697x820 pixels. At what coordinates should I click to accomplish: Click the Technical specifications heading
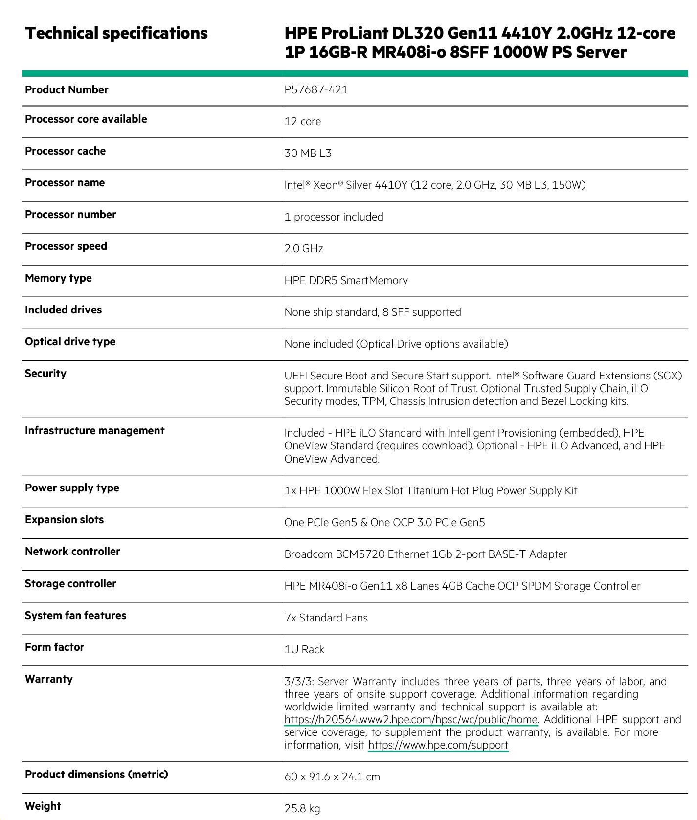(x=116, y=33)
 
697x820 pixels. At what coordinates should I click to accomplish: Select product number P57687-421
(x=316, y=89)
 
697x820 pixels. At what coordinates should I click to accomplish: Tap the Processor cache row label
(x=65, y=151)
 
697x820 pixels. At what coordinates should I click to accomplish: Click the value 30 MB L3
(x=308, y=153)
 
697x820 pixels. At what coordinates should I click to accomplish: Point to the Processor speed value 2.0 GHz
(x=304, y=248)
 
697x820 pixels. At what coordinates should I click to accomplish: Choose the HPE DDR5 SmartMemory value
(x=346, y=280)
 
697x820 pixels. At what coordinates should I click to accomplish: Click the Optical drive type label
(x=70, y=341)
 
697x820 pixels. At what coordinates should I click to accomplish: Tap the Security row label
(x=45, y=373)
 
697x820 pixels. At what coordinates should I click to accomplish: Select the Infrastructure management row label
(x=94, y=430)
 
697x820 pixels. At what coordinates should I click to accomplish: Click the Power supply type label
(x=72, y=488)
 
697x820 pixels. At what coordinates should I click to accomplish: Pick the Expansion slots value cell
(x=384, y=522)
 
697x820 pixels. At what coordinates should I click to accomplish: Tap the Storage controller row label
(x=70, y=583)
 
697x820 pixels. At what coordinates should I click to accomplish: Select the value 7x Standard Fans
(x=326, y=618)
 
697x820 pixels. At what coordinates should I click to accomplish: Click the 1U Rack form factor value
(x=304, y=649)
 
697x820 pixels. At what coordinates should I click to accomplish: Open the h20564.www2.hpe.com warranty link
(x=411, y=719)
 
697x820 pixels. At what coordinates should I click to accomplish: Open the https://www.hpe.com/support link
(x=438, y=745)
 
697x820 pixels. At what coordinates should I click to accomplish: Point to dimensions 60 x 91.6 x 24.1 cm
(x=332, y=776)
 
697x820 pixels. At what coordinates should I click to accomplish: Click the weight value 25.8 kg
(x=302, y=808)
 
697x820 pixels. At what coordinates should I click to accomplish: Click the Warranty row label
(x=48, y=679)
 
